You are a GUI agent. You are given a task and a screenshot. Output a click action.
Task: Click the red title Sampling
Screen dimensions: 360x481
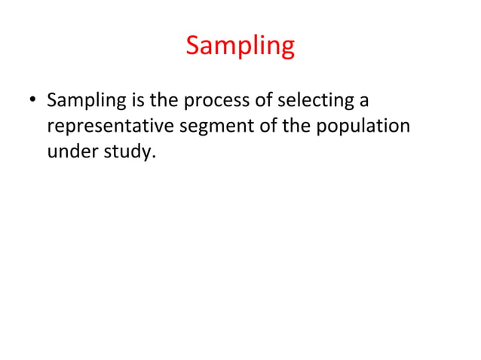click(240, 47)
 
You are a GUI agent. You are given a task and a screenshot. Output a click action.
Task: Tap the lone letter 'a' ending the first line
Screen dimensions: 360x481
click(363, 102)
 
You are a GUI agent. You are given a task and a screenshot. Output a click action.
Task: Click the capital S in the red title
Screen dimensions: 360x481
click(192, 46)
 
